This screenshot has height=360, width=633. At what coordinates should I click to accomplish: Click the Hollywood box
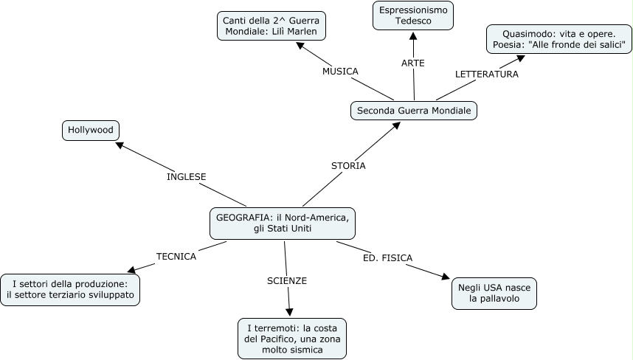point(91,131)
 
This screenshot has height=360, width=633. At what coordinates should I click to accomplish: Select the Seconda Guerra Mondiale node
point(414,111)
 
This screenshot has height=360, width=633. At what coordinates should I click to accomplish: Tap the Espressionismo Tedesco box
point(413,15)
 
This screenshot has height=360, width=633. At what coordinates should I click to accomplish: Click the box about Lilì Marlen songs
point(272,25)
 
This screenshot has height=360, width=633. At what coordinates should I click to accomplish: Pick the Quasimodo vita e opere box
point(558,39)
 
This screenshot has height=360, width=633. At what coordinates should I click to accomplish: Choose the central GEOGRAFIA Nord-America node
point(283,223)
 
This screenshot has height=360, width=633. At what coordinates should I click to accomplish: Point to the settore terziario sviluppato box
point(70,288)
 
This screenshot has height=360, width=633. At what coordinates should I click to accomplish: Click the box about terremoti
point(292,339)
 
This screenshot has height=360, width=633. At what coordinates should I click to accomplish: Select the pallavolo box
point(494,294)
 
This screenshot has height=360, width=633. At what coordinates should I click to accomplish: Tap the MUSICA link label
point(340,72)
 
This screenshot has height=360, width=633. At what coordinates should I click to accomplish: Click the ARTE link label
point(413,63)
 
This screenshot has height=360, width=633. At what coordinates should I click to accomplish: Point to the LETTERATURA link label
point(486,74)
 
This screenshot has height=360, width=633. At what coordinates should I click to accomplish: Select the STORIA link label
point(348,166)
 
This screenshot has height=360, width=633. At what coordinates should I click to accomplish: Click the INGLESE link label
point(186,177)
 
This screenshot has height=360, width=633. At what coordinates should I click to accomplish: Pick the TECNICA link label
point(176,257)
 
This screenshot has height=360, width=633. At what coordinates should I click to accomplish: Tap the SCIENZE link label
point(287,281)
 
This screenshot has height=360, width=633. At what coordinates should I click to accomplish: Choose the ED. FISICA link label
point(387,257)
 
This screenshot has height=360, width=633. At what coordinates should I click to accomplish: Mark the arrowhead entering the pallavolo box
point(445,277)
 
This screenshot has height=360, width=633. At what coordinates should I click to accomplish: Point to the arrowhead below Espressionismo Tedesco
point(413,35)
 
